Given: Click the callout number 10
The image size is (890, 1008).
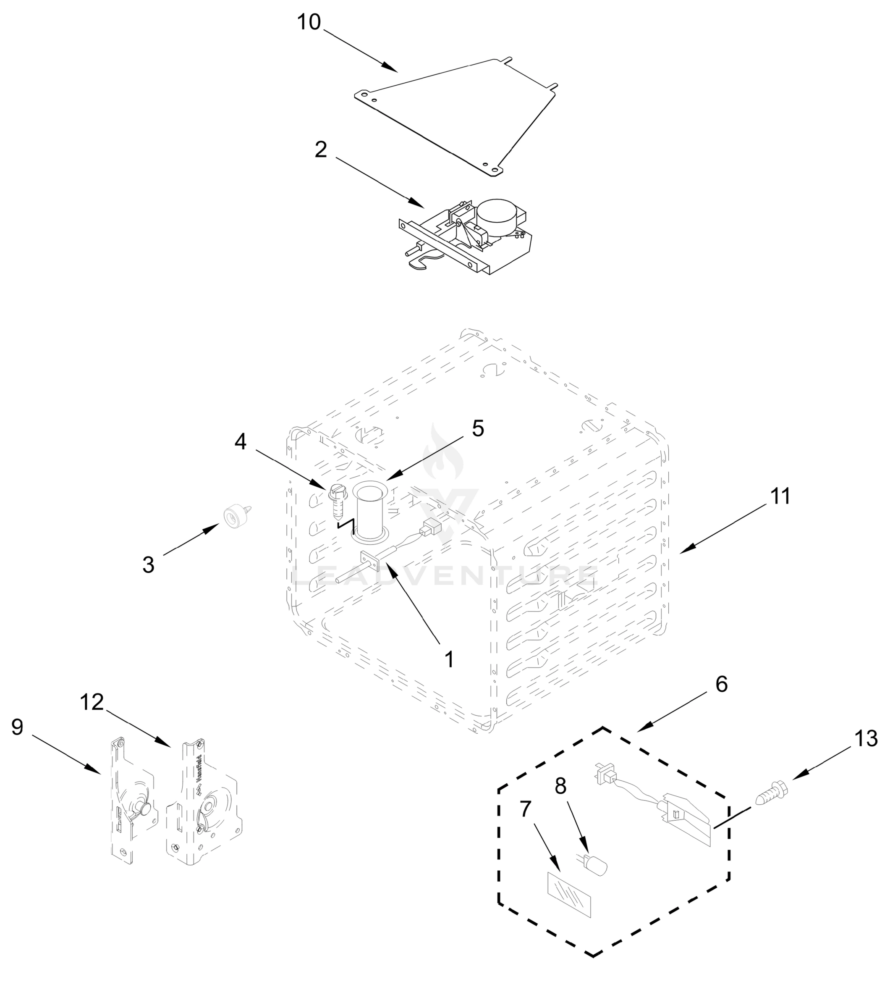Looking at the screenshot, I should [309, 22].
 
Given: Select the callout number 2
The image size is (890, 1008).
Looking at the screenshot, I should [321, 150].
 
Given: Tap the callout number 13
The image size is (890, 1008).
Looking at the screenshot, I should [866, 738].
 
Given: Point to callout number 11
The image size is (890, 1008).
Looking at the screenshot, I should [780, 496].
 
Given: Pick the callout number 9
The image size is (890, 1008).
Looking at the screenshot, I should [17, 727].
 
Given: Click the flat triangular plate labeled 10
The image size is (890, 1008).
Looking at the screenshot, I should [458, 113].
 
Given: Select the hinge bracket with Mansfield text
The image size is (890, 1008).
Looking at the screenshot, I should [204, 809].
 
